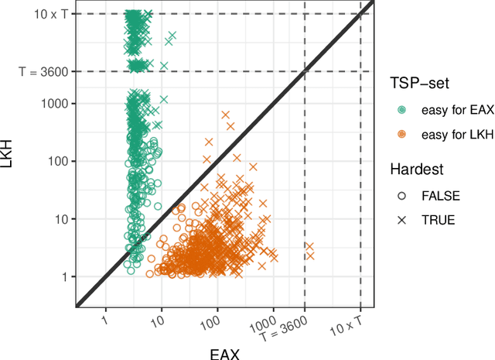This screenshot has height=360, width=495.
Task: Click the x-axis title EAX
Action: (225, 353)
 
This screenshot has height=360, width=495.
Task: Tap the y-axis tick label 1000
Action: (54, 103)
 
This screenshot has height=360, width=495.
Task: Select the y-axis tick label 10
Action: (61, 219)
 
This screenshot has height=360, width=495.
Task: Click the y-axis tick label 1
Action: (65, 276)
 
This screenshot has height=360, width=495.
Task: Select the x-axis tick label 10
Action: (159, 320)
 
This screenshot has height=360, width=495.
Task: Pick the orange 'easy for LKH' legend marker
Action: (401, 135)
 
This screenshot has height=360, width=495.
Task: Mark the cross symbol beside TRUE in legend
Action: (401, 219)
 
